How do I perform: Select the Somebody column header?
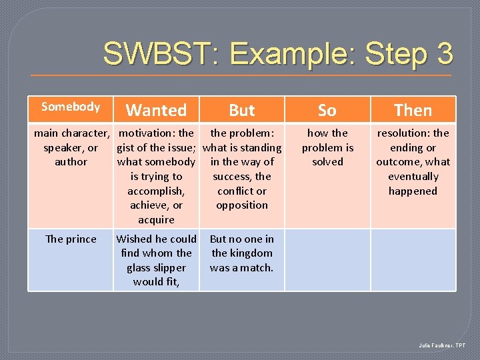pyautogui.click(x=71, y=107)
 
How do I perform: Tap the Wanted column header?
pyautogui.click(x=156, y=110)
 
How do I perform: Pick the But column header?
pyautogui.click(x=242, y=110)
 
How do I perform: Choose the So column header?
pyautogui.click(x=327, y=110)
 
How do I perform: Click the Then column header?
pyautogui.click(x=413, y=110)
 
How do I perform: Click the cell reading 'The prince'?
pyautogui.click(x=71, y=239)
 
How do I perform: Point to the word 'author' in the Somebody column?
pyautogui.click(x=71, y=162)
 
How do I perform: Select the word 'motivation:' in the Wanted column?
pyautogui.click(x=147, y=133)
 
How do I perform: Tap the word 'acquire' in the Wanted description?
pyautogui.click(x=156, y=220)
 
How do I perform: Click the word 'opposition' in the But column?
pyautogui.click(x=242, y=205)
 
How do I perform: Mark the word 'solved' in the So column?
pyautogui.click(x=327, y=162)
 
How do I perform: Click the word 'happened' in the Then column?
pyautogui.click(x=413, y=191)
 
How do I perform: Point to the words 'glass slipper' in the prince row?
pyautogui.click(x=156, y=268)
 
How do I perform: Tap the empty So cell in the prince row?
pyautogui.click(x=327, y=260)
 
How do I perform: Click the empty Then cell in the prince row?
pyautogui.click(x=413, y=260)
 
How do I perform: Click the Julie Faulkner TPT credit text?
pyautogui.click(x=442, y=346)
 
